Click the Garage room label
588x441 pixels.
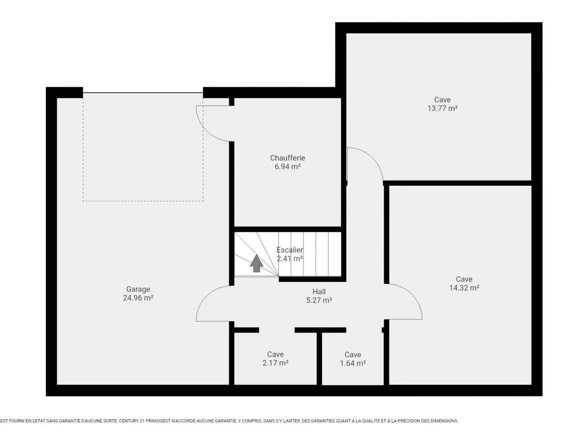tap(138, 289)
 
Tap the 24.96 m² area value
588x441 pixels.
tap(138, 298)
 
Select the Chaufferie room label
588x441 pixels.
tap(287, 158)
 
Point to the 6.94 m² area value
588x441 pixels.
tap(287, 167)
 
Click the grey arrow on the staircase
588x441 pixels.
tap(257, 263)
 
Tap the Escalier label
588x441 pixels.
tap(290, 250)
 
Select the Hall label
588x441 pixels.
tap(319, 291)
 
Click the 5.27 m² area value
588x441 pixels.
tap(319, 300)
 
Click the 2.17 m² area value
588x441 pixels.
tap(275, 363)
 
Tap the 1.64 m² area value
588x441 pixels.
tap(352, 363)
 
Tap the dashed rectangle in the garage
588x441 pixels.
tap(143, 201)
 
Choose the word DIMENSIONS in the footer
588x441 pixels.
tap(444, 421)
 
